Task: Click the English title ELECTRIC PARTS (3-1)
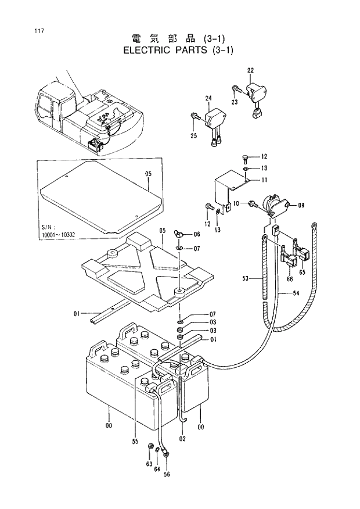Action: (x=178, y=50)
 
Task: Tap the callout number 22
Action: (x=250, y=71)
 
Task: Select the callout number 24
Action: (x=208, y=98)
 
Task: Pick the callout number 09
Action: (x=301, y=205)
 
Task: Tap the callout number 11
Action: (x=264, y=180)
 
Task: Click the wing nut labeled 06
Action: (x=179, y=234)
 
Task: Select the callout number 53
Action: (x=246, y=279)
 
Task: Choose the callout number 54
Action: (x=296, y=294)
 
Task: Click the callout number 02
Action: (x=182, y=438)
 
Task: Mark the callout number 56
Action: (x=167, y=474)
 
